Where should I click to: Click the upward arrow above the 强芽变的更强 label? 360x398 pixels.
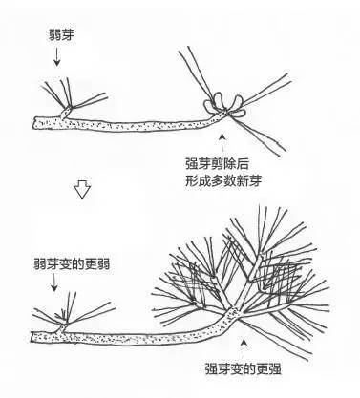pyautogui.click(x=244, y=345)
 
